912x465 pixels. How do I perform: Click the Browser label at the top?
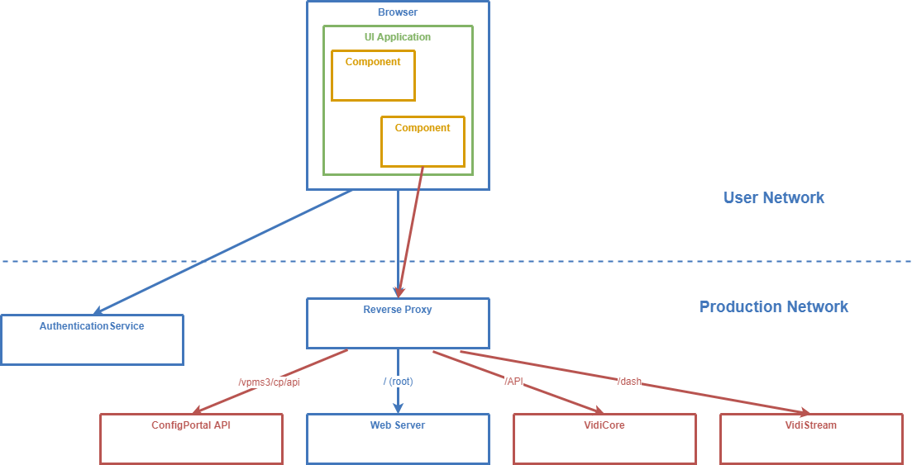[x=398, y=13]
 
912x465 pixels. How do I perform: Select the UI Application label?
[x=398, y=37]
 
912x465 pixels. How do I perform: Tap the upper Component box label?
[x=373, y=62]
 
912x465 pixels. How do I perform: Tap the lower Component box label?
[x=423, y=128]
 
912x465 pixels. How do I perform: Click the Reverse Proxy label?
[x=398, y=311]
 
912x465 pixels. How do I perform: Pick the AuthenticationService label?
[x=92, y=326]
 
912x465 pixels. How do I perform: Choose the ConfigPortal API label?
[x=191, y=426]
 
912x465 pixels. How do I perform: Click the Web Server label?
[x=398, y=426]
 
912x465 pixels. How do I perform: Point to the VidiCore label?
[x=604, y=426]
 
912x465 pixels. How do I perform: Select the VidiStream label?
[x=811, y=426]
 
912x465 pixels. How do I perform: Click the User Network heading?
[x=773, y=197]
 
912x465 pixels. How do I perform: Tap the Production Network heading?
[x=773, y=306]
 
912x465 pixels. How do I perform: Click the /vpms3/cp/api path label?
[x=269, y=382]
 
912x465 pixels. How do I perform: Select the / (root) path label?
[x=398, y=382]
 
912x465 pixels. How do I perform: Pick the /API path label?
[x=513, y=381]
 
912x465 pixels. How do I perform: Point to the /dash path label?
[x=629, y=382]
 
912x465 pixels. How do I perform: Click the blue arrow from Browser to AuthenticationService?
[x=223, y=252]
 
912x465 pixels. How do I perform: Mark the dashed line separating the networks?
[x=579, y=261]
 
